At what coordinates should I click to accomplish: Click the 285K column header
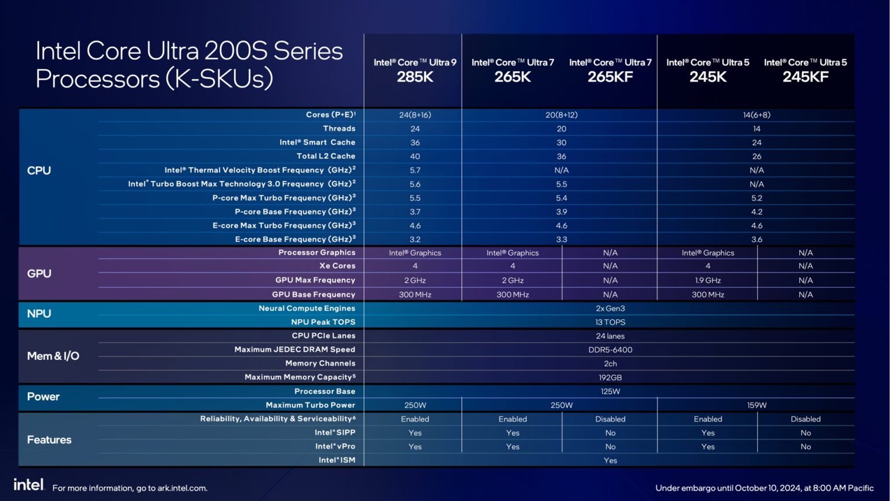415,70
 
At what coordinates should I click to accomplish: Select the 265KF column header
610,70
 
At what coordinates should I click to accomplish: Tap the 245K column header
707,70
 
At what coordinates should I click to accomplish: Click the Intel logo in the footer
28,485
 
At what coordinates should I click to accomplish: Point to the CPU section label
39,170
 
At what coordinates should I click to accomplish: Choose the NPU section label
39,314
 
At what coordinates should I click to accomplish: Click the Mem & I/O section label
53,356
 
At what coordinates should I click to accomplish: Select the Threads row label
339,129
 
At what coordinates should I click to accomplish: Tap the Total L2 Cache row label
326,156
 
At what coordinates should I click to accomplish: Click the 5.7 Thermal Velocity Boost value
415,170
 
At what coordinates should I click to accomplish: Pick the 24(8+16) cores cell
415,115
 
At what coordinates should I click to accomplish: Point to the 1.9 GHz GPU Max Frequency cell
707,280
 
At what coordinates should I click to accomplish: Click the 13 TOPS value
610,322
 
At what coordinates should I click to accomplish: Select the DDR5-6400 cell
610,350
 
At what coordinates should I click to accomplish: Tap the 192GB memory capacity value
610,377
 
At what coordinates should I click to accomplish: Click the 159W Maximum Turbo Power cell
756,405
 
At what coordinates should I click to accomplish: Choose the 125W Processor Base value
610,391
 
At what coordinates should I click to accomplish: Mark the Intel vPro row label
335,446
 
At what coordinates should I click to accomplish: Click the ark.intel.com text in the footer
182,488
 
